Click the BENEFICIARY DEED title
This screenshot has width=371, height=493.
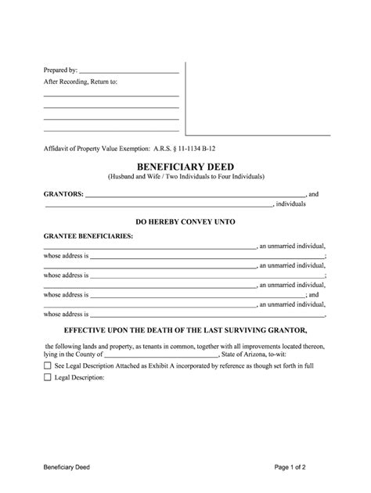(185, 167)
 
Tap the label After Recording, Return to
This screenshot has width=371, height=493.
(80, 81)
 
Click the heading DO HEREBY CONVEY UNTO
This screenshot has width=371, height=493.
(185, 221)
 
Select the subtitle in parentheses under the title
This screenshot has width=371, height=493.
(185, 178)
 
